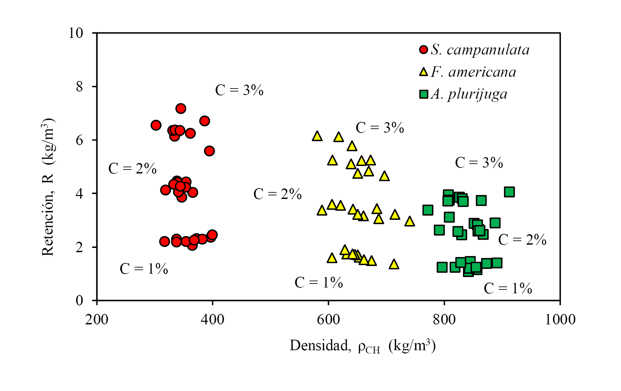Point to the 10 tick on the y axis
(x=76, y=33)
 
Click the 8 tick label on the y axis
(x=80, y=87)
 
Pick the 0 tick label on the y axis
(x=80, y=301)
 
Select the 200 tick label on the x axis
(x=97, y=319)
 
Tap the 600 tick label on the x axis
(x=328, y=319)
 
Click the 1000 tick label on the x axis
(x=560, y=319)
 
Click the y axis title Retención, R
(x=48, y=187)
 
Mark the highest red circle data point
(x=181, y=108)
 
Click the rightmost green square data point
(x=509, y=192)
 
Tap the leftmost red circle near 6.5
(x=156, y=125)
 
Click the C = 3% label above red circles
(x=239, y=90)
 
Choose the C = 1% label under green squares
(x=508, y=288)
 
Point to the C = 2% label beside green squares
(x=522, y=240)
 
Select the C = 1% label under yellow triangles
(x=319, y=283)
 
